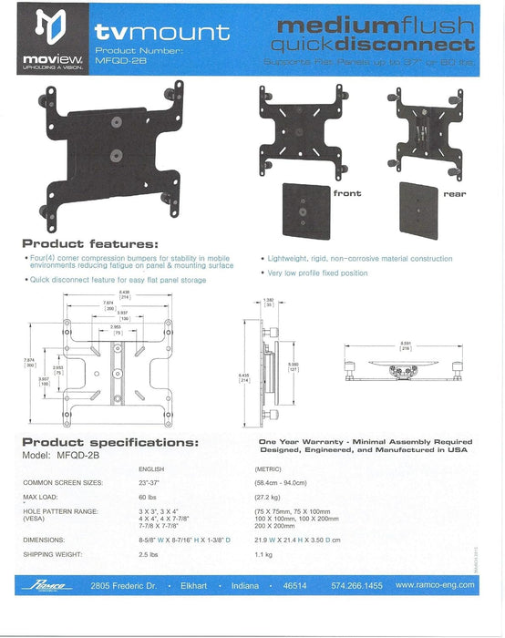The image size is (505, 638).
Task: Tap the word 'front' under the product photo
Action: [346, 193]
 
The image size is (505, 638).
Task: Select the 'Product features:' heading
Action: [89, 243]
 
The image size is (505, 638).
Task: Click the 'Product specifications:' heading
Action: [109, 441]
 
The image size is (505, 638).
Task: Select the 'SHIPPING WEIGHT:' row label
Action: [56, 553]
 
